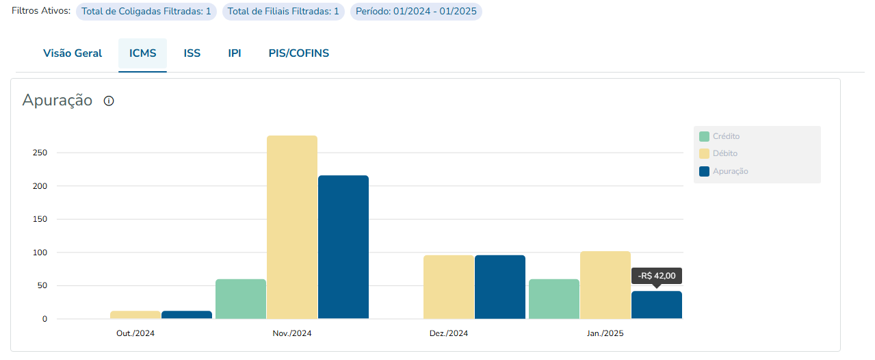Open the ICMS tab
[142, 53]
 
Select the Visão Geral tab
[73, 53]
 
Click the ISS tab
[192, 53]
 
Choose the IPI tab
[235, 53]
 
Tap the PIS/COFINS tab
[298, 53]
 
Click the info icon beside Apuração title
[109, 101]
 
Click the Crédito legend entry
[725, 136]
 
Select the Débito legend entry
[724, 153]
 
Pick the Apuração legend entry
[729, 171]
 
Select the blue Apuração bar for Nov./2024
[343, 247]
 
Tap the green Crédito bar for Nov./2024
[241, 299]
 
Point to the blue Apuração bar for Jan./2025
[657, 305]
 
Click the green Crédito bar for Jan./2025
[554, 299]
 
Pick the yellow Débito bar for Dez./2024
[449, 287]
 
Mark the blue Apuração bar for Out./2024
[187, 315]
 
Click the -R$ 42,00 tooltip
[657, 276]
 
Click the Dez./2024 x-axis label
[449, 334]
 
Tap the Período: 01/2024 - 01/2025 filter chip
[416, 12]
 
